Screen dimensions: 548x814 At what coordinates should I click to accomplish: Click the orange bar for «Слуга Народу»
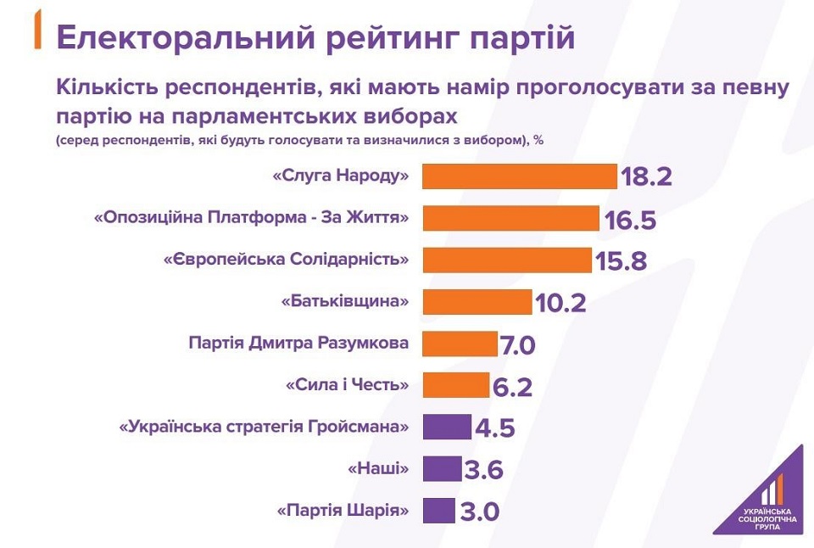(x=519, y=176)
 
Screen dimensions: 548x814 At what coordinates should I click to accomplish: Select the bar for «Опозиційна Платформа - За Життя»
(x=510, y=218)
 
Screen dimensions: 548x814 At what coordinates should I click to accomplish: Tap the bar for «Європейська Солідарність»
(x=506, y=260)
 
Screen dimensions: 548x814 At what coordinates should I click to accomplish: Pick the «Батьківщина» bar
(x=477, y=301)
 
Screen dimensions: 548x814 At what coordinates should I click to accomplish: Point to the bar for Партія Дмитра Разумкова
(x=460, y=344)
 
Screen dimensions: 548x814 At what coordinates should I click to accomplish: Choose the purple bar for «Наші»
(x=442, y=468)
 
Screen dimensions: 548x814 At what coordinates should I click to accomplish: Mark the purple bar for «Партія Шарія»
(x=438, y=510)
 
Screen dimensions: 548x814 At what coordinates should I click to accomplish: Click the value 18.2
(x=646, y=177)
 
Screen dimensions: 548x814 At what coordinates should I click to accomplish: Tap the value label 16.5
(x=631, y=220)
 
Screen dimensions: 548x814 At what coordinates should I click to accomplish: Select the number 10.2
(x=560, y=303)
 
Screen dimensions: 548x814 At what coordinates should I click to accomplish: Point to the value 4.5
(x=494, y=428)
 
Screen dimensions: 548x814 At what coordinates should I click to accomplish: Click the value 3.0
(x=479, y=512)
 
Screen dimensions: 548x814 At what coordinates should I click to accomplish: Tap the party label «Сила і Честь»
(x=348, y=385)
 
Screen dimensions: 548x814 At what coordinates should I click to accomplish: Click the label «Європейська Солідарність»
(x=287, y=260)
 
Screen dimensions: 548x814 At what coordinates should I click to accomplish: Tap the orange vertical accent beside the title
(x=37, y=31)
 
